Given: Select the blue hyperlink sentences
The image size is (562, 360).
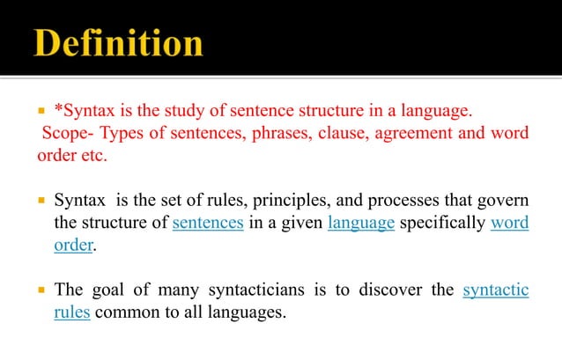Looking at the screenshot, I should (x=208, y=222).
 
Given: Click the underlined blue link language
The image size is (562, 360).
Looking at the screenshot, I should (x=360, y=222).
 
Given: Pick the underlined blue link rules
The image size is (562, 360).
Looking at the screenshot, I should (x=72, y=311).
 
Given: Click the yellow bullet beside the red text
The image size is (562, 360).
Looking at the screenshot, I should (x=41, y=112).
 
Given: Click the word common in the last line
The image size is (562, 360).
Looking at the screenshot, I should (x=129, y=311).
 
